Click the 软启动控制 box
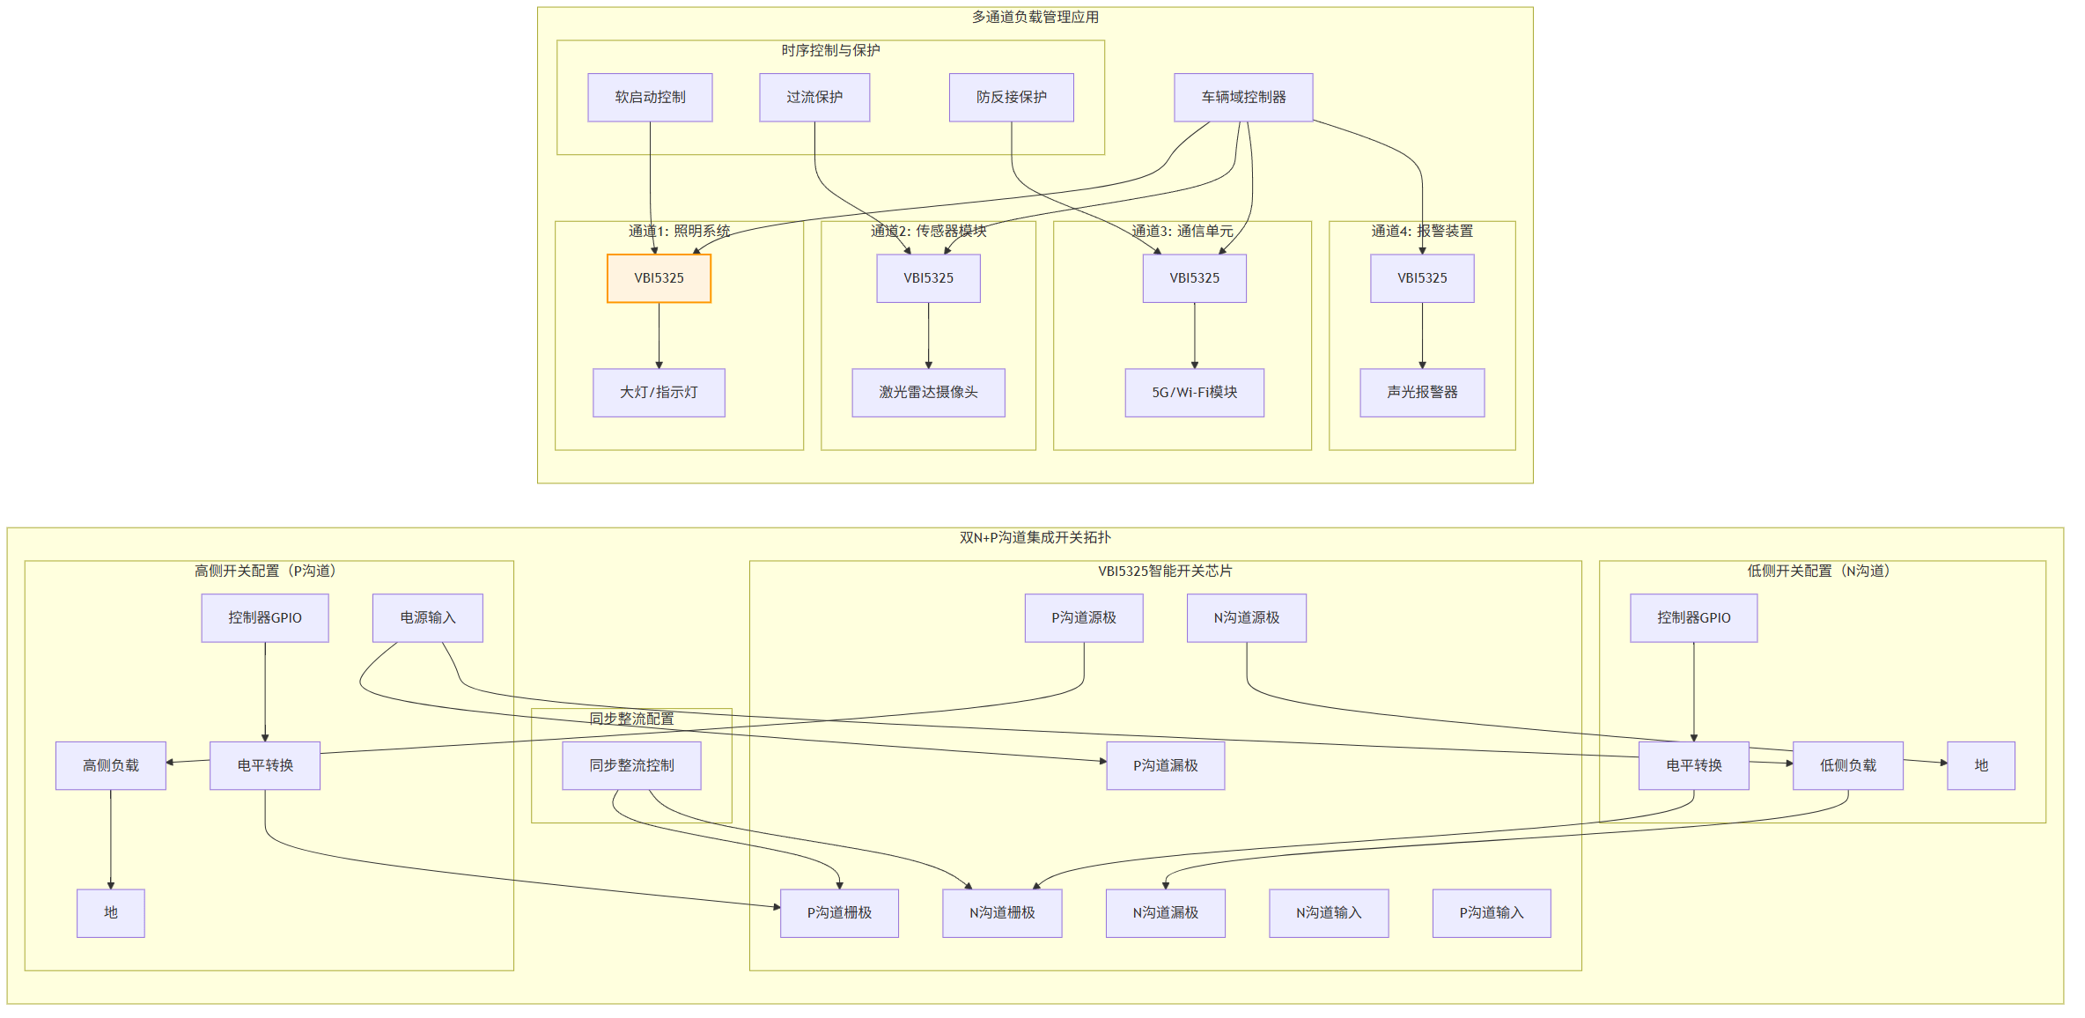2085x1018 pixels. point(650,97)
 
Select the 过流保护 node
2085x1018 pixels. point(814,97)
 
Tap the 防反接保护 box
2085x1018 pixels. point(1011,97)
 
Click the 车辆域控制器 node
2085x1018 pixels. point(1243,97)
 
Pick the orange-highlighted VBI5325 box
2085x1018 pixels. point(659,278)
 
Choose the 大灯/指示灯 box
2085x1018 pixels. point(659,393)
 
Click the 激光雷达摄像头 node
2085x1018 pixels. point(928,393)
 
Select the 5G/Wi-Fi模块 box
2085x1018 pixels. point(1195,393)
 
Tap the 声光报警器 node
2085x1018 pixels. point(1422,393)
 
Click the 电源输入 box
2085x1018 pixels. point(428,618)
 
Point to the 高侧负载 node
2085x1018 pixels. point(111,766)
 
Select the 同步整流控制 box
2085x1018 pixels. point(632,766)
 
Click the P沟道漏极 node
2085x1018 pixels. point(1166,766)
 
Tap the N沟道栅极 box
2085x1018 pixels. point(1002,913)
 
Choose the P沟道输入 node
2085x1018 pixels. point(1492,913)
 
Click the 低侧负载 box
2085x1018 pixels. point(1848,766)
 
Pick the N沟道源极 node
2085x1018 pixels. point(1247,618)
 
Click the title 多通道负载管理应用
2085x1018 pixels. point(1035,17)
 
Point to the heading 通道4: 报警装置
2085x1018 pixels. point(1422,231)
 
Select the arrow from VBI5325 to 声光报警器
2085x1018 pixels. point(1422,336)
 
